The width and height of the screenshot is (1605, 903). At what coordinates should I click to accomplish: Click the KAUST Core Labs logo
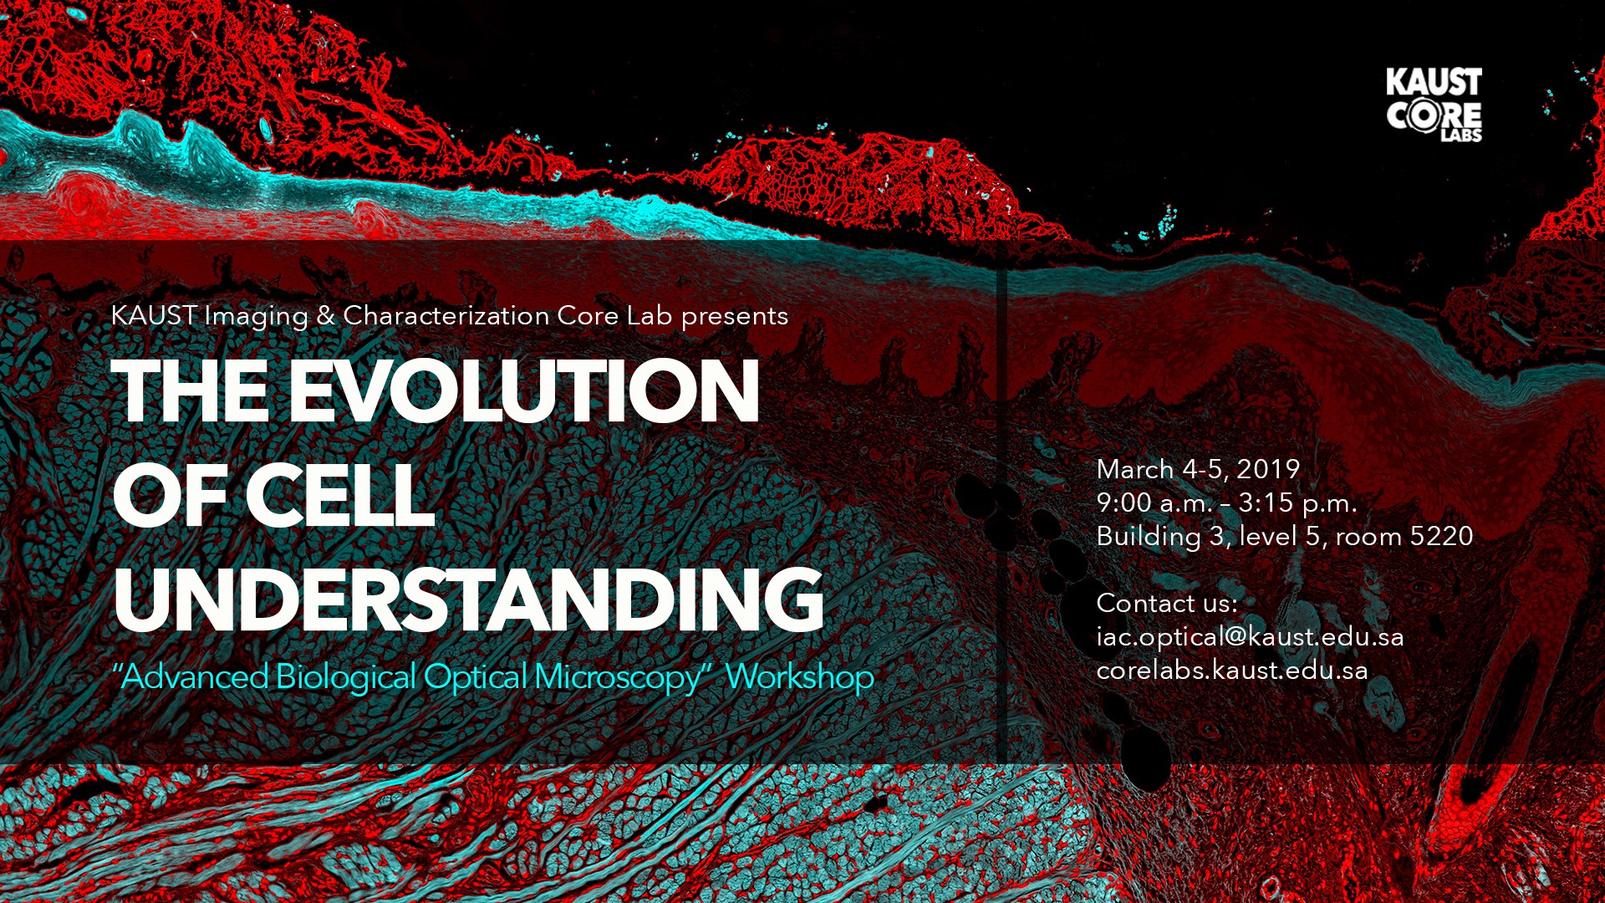1434,105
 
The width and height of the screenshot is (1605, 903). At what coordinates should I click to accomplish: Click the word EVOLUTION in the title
524,391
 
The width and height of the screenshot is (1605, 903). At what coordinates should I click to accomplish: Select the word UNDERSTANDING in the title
468,599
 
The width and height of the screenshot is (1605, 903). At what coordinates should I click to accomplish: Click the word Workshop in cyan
799,676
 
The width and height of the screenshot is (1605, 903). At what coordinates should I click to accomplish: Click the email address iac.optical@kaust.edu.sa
1250,637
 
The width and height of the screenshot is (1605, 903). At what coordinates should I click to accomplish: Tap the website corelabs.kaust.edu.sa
1232,670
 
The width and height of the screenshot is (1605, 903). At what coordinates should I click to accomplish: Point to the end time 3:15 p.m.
1297,503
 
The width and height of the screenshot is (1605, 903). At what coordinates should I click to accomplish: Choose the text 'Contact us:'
1167,603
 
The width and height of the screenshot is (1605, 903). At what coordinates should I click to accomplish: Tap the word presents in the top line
735,317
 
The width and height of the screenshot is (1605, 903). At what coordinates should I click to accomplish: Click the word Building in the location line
1149,537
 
